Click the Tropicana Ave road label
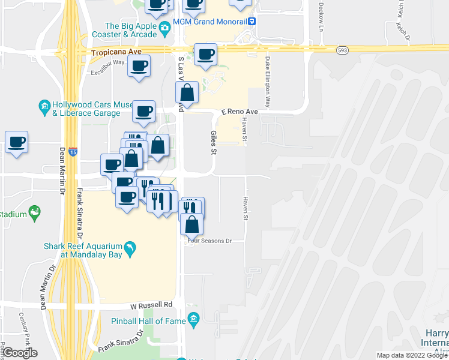click(x=116, y=53)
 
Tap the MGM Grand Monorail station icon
click(x=253, y=22)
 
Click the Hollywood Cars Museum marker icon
click(x=44, y=107)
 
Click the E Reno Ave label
click(x=240, y=112)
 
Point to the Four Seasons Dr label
click(x=209, y=241)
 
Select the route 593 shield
click(x=342, y=50)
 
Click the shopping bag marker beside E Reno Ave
click(x=187, y=93)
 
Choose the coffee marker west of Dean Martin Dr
click(x=16, y=142)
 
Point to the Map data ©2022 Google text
click(x=411, y=355)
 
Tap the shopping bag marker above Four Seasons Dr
click(x=191, y=224)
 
